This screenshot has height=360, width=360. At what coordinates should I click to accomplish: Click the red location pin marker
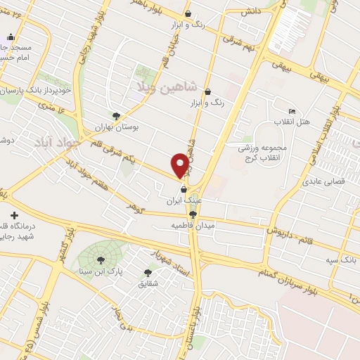(x=181, y=165)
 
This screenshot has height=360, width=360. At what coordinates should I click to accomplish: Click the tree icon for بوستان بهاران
(x=116, y=116)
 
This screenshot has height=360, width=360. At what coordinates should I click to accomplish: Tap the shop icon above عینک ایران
(x=184, y=189)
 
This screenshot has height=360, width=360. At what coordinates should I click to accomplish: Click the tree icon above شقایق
(x=148, y=272)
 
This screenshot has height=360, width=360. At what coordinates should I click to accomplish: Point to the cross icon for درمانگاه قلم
(x=13, y=214)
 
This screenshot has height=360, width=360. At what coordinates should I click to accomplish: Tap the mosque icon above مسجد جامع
(x=10, y=37)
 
